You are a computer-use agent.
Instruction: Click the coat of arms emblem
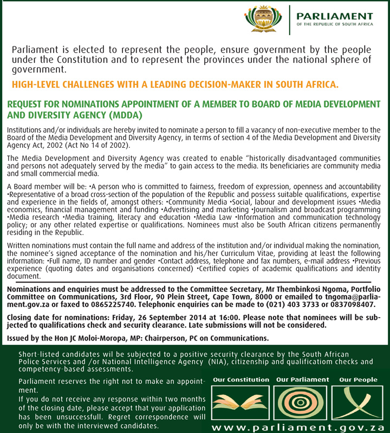(x=264, y=19)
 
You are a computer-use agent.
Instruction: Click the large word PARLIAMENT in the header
(x=334, y=16)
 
